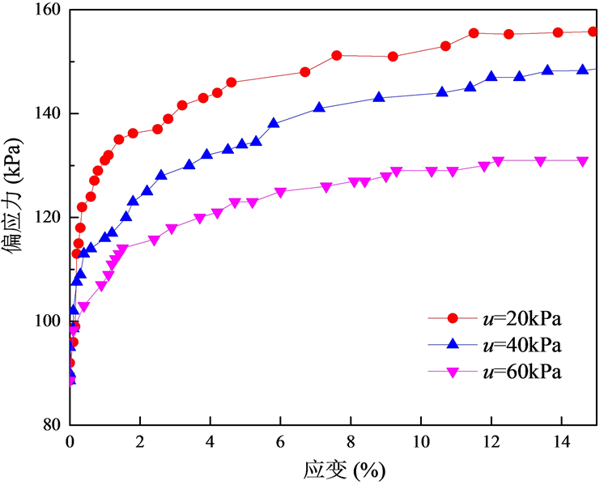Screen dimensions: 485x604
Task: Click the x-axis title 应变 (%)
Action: (334, 470)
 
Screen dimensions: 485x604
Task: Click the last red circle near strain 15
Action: (593, 32)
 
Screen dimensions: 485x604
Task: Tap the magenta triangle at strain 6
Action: (280, 193)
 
